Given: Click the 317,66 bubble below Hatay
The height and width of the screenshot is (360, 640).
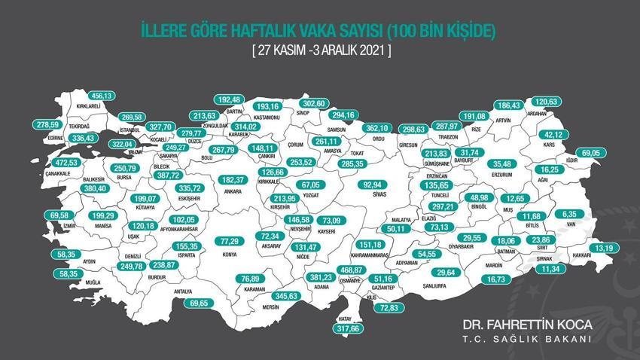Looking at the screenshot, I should pos(347,328).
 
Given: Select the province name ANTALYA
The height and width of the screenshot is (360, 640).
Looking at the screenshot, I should pos(182,291).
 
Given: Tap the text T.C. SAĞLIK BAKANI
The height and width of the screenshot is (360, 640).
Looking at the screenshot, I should pos(517,339).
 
